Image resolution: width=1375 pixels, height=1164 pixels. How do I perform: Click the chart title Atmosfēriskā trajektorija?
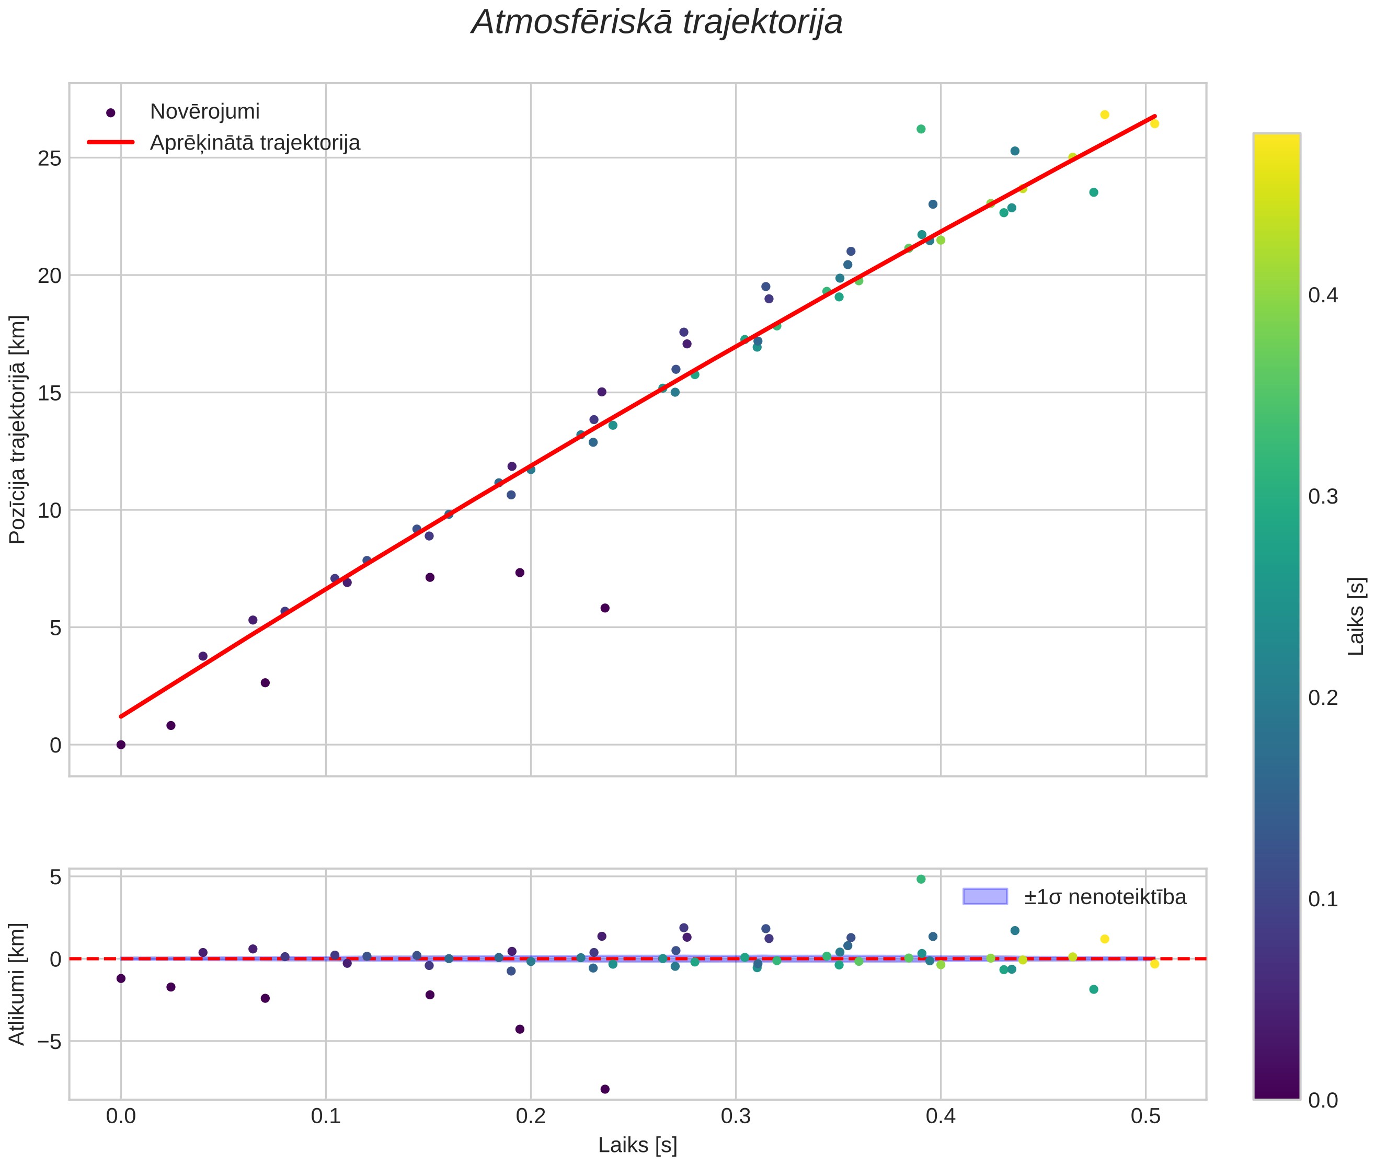tap(657, 22)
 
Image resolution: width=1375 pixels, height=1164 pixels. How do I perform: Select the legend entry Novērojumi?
tap(204, 111)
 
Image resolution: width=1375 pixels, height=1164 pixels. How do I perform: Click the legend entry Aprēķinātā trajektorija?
tap(255, 143)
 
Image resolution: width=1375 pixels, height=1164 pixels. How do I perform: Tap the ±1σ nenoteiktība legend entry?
tap(1105, 897)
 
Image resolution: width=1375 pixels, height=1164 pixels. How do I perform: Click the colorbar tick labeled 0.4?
tap(1323, 295)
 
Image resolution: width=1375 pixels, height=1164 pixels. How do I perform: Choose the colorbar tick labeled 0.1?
tap(1323, 899)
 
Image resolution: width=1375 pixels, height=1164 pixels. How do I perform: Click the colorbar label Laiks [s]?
tap(1356, 617)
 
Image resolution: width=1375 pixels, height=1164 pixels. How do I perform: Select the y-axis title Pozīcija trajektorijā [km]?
tap(18, 430)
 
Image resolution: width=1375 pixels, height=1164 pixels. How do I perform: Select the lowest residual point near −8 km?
tap(605, 1089)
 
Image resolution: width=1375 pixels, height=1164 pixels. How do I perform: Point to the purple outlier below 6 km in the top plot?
tap(605, 608)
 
